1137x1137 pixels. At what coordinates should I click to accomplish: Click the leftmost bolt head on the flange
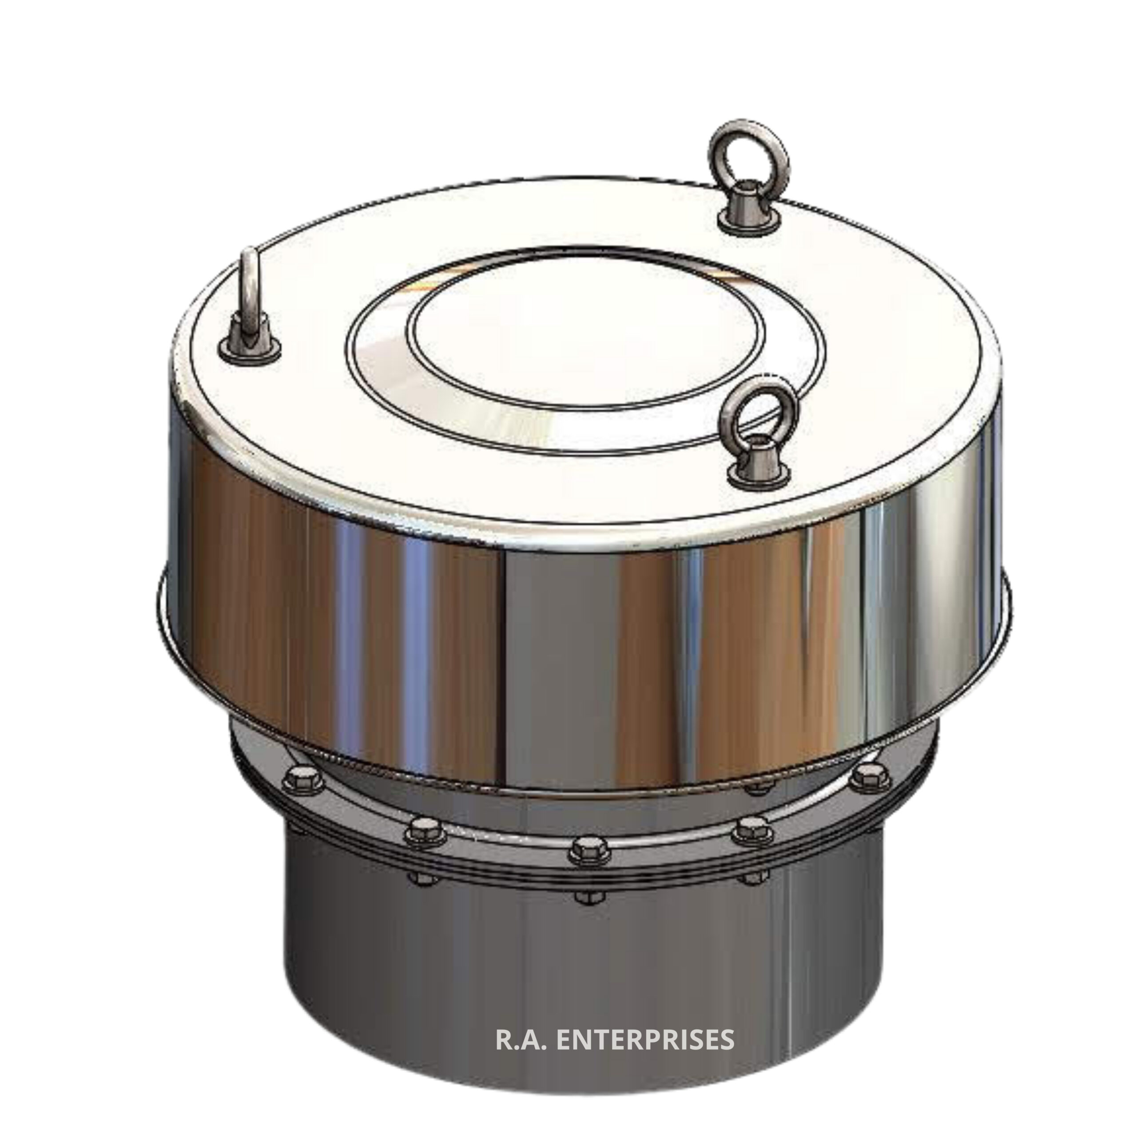(302, 781)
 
